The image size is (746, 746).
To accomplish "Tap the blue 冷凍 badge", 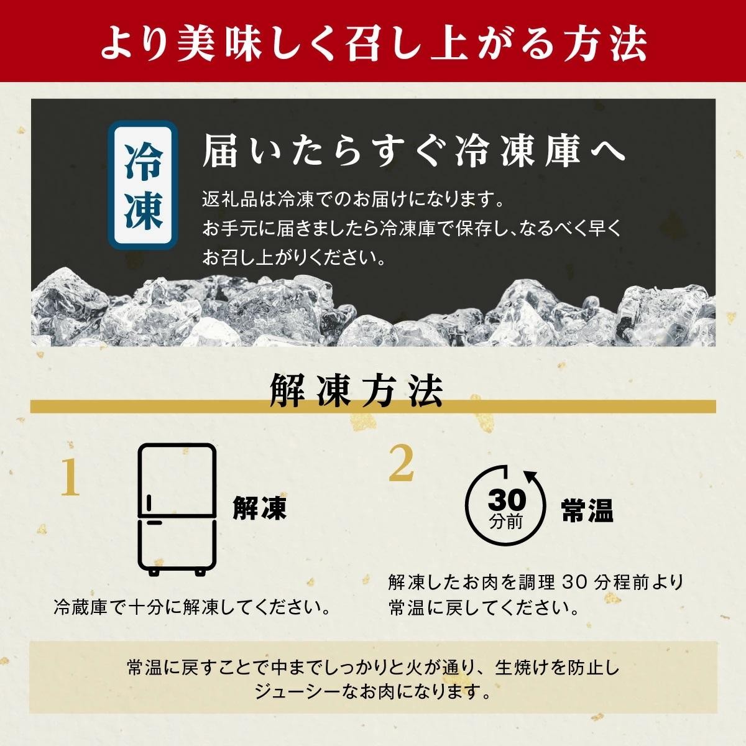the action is (x=143, y=185).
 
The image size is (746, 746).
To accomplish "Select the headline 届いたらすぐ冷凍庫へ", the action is (x=414, y=151).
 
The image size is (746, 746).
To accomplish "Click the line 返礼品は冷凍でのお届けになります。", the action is (x=352, y=200).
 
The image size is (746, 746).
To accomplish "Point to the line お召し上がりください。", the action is (x=294, y=257).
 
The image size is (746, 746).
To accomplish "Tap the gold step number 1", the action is (x=70, y=477).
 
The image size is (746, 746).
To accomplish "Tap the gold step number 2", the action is (x=402, y=464).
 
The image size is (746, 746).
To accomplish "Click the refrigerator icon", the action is (x=177, y=510).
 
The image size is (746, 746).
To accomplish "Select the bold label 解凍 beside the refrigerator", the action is (x=259, y=508).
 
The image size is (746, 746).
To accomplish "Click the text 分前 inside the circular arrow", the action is (x=507, y=522).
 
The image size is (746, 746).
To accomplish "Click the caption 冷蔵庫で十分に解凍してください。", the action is (x=192, y=608).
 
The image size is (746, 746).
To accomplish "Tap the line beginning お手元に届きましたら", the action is (x=411, y=228).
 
